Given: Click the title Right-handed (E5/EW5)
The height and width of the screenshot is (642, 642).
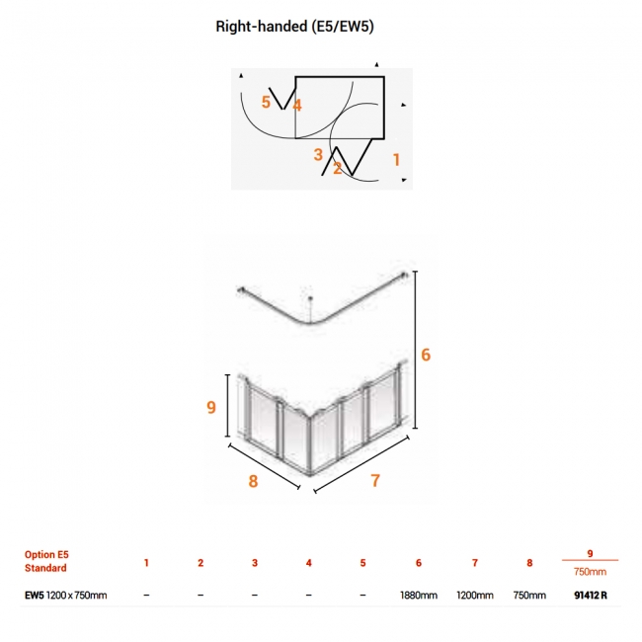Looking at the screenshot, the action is [294, 27].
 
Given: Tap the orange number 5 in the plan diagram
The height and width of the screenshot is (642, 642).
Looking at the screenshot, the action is [266, 102].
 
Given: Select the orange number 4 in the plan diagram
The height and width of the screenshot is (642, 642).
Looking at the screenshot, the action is [297, 106].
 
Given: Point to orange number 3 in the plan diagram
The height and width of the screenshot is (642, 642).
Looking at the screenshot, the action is [318, 155].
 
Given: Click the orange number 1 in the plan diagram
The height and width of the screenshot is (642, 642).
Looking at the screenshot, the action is [396, 160].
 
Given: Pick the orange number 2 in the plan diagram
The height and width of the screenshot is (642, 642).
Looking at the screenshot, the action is [338, 168].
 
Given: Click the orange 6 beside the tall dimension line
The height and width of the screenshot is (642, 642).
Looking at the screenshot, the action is [426, 355].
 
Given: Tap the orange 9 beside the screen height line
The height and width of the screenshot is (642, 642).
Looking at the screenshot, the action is [211, 407].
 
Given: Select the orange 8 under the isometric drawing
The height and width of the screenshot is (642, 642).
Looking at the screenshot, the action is [254, 481].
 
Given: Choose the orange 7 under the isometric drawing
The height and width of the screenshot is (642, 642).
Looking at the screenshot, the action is [375, 480].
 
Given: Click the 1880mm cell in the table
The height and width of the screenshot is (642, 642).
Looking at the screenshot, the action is [419, 596].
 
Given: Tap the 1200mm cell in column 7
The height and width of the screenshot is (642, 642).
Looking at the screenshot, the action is [475, 596].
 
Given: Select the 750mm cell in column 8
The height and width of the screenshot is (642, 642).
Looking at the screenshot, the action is [529, 596].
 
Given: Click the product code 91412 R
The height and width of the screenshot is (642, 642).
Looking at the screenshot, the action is [591, 596].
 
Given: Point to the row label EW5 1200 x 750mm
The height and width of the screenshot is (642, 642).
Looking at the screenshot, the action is [65, 596].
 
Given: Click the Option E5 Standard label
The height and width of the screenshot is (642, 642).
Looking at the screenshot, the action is [46, 561].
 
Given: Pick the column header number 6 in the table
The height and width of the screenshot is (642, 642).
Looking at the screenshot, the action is [419, 563].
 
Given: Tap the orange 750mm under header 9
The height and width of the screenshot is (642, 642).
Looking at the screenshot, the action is [590, 572].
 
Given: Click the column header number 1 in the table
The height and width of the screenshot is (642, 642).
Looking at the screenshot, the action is [146, 563].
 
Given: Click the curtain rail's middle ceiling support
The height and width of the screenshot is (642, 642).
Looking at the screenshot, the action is [311, 307].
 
